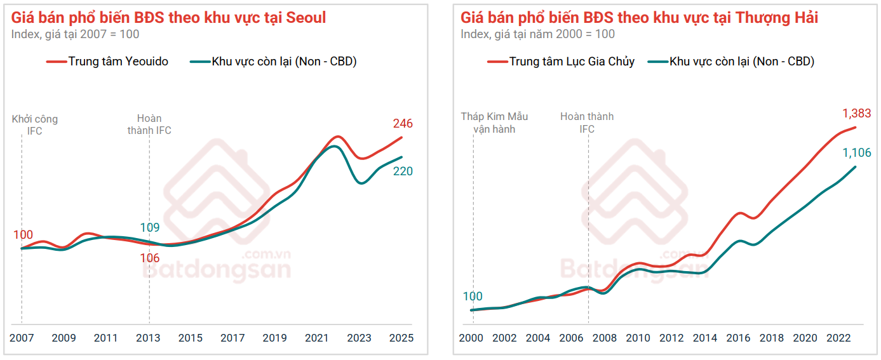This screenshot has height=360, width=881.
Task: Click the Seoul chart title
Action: pyautogui.click(x=169, y=17)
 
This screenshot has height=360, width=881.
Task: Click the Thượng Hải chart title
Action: pyautogui.click(x=639, y=17)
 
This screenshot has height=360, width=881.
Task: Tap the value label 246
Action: pyautogui.click(x=403, y=124)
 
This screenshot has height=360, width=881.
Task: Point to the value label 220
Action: pyautogui.click(x=403, y=171)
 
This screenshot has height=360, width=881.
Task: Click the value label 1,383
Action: pyautogui.click(x=857, y=114)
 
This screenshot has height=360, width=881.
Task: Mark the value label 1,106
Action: pyautogui.click(x=857, y=153)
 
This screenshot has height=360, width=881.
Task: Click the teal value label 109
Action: pyautogui.click(x=150, y=228)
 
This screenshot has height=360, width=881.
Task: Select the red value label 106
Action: pyautogui.click(x=150, y=258)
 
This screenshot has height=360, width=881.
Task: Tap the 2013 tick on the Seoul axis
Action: pyautogui.click(x=149, y=338)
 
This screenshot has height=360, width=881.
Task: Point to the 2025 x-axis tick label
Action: pyautogui.click(x=401, y=338)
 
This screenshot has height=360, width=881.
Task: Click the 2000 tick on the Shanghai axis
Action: pyautogui.click(x=472, y=338)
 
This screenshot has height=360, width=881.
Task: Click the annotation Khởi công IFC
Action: pyautogui.click(x=35, y=124)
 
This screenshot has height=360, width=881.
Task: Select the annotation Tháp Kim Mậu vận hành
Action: pyautogui.click(x=494, y=123)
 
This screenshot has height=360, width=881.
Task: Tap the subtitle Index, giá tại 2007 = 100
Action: pyautogui.click(x=75, y=34)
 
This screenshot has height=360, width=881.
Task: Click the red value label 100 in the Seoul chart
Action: pyautogui.click(x=23, y=235)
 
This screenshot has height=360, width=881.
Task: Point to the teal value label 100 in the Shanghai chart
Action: pyautogui.click(x=473, y=297)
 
